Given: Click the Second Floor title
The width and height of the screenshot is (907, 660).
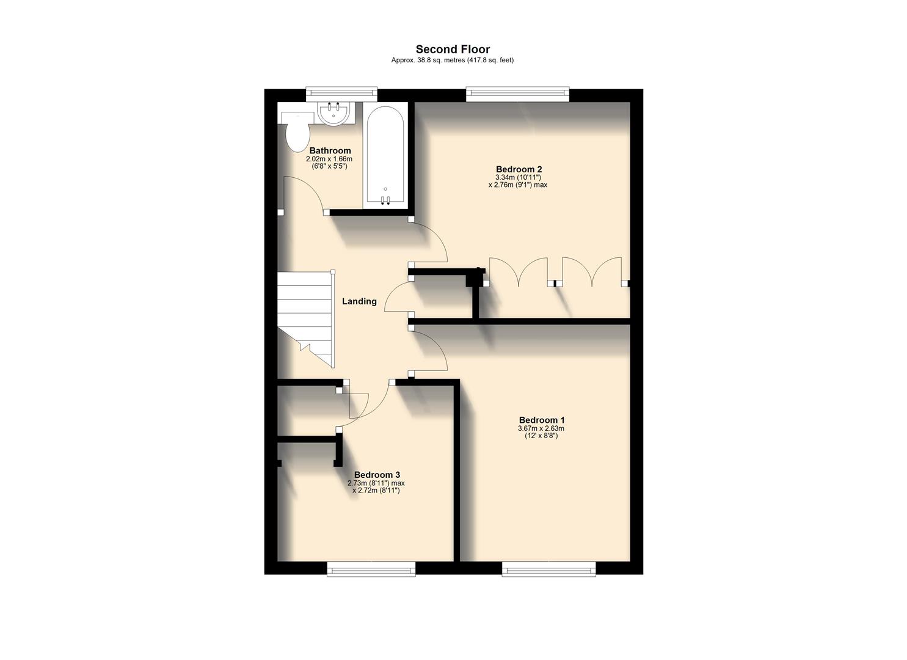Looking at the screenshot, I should [x=453, y=50].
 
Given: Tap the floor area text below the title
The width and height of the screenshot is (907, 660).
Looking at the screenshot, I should [x=453, y=61].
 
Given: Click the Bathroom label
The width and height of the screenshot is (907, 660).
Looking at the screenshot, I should [x=330, y=151].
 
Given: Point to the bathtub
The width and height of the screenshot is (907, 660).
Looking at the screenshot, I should [x=385, y=156].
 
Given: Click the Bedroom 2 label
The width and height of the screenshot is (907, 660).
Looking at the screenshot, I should [x=519, y=169].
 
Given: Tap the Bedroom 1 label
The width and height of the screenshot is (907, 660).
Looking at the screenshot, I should [x=542, y=420].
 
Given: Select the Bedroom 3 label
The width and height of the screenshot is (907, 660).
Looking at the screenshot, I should [x=377, y=475].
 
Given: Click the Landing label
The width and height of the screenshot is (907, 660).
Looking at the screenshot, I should [x=359, y=301].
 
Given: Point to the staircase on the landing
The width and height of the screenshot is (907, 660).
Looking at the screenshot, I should [x=305, y=318].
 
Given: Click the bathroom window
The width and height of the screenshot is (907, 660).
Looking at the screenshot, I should [x=341, y=94].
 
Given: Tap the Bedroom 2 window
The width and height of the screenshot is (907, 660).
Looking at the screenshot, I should [x=517, y=94].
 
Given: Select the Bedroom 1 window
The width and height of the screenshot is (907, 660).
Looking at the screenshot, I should [x=548, y=570].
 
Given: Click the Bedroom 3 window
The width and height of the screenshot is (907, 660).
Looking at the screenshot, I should [x=371, y=570].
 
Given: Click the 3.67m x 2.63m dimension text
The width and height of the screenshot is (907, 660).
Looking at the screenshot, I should [x=542, y=428].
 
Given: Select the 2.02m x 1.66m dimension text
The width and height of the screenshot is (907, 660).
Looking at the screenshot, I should [x=329, y=159].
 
